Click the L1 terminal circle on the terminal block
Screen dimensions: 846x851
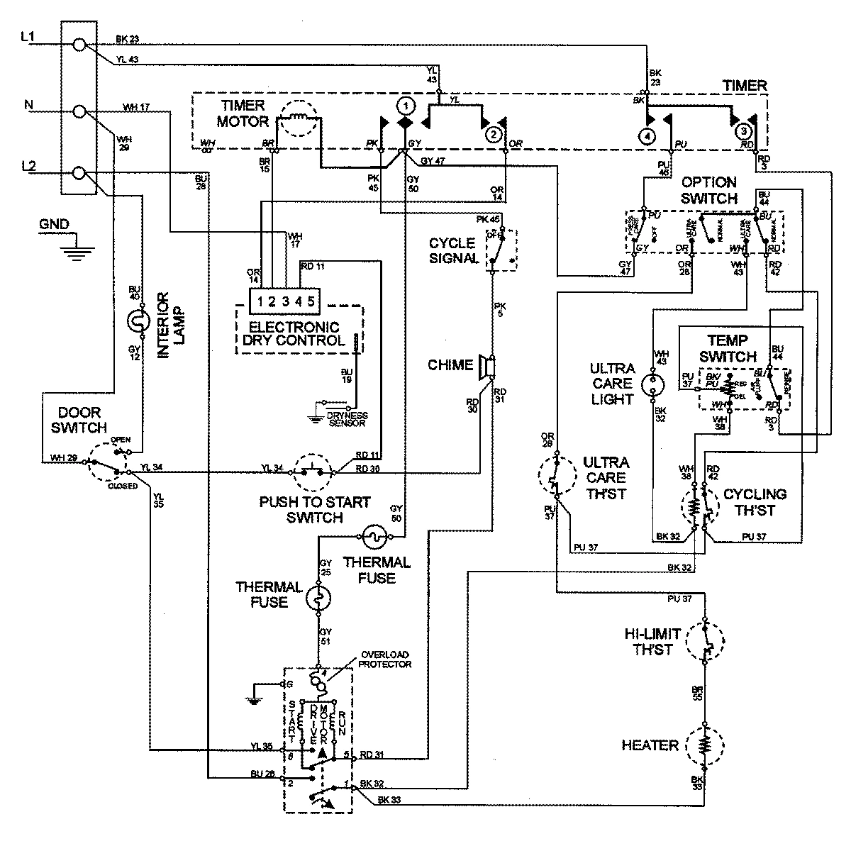[x=80, y=45]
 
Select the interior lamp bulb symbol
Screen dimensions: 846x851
[x=135, y=323]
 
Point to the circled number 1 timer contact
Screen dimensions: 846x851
[x=405, y=106]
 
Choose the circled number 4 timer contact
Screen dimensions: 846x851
[x=647, y=135]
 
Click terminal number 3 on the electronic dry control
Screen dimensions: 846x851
[x=286, y=301]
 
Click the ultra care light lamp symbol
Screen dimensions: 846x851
[x=652, y=386]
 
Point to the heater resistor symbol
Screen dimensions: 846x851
[x=705, y=745]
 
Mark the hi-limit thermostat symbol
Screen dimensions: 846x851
[x=705, y=641]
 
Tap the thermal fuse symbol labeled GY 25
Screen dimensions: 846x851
[x=318, y=600]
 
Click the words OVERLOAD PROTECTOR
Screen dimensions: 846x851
[x=386, y=659]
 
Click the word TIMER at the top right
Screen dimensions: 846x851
[x=745, y=86]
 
